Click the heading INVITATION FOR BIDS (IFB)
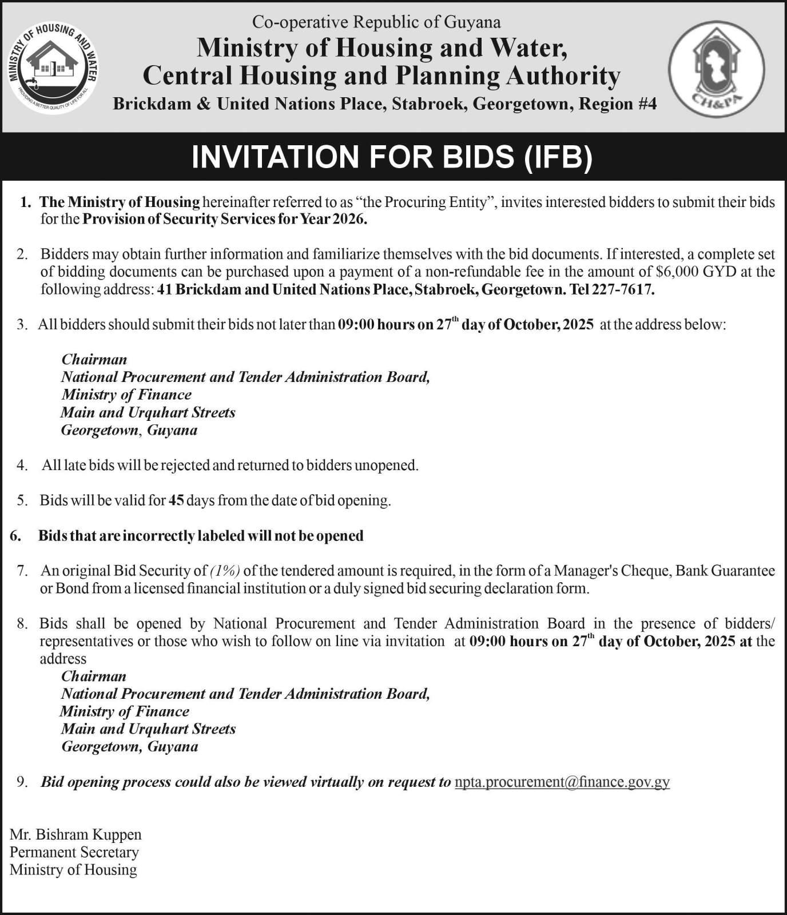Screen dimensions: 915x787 click(392, 157)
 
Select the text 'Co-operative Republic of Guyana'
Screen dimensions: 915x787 click(376, 22)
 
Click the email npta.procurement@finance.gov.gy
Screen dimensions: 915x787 click(562, 782)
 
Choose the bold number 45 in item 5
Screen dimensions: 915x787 click(176, 501)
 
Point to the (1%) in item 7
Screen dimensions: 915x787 click(225, 571)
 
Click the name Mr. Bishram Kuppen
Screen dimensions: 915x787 click(75, 835)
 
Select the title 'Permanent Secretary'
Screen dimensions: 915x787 click(74, 853)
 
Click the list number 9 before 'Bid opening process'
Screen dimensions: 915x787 click(22, 782)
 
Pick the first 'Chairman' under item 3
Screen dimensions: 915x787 click(94, 360)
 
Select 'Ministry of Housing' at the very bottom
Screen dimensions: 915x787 click(73, 870)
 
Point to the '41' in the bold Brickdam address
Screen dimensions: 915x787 click(165, 289)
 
